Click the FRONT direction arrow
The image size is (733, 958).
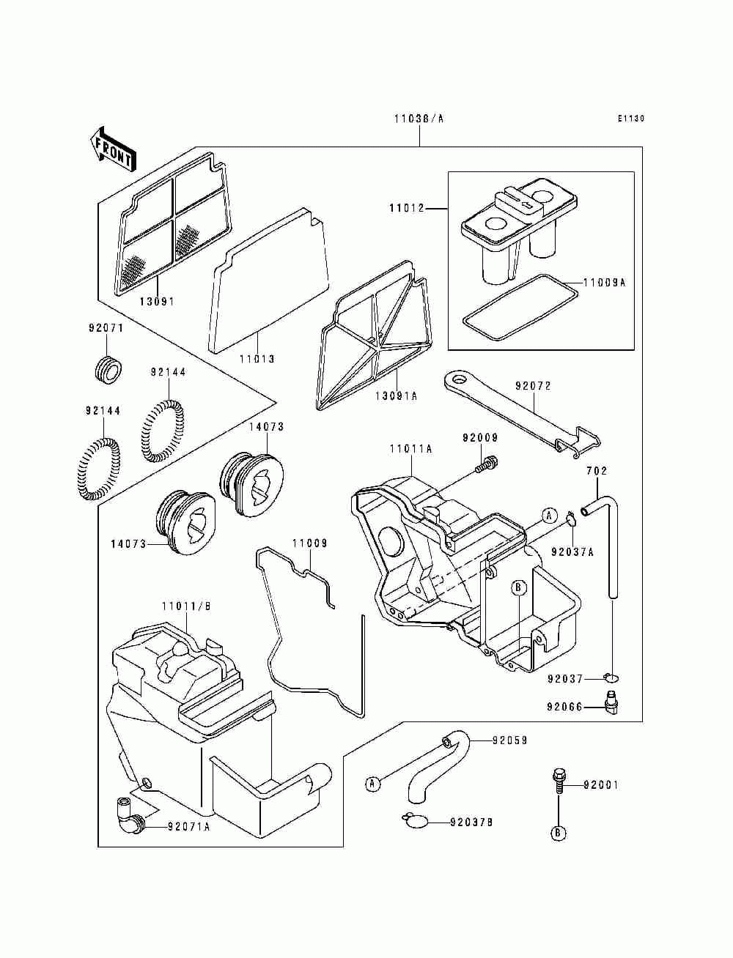[x=113, y=149]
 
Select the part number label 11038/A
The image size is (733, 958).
[x=419, y=118]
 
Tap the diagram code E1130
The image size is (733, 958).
[x=631, y=118]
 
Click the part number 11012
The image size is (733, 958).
[x=407, y=208]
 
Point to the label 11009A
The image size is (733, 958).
[x=604, y=283]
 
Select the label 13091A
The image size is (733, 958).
[x=396, y=396]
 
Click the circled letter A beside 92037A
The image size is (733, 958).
[x=549, y=516]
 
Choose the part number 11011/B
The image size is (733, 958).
[x=186, y=606]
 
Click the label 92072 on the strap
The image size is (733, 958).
[x=533, y=386]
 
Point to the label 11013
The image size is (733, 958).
[x=257, y=359]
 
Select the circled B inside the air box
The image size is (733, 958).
[x=518, y=588]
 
